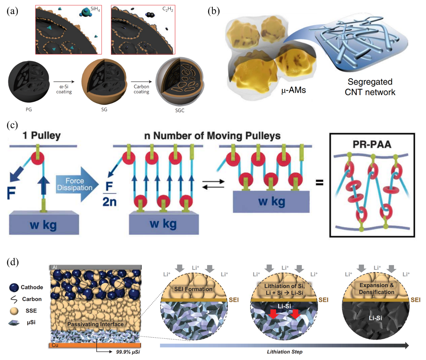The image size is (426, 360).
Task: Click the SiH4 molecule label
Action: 95,9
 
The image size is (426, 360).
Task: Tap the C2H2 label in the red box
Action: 168,9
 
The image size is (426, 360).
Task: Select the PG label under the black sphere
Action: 29,109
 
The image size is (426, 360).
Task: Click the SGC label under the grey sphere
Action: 179,110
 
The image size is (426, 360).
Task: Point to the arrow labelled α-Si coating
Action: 64,81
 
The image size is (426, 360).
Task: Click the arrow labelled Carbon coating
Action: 141,81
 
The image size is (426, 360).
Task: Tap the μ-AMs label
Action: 294,90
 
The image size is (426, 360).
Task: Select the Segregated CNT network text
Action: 370,87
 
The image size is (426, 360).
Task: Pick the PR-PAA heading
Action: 372,144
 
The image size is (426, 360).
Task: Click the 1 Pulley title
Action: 42,135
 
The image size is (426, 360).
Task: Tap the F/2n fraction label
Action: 109,194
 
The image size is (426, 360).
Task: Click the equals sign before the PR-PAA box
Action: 319,183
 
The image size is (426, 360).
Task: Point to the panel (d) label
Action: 13,262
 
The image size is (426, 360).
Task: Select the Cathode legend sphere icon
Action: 14,287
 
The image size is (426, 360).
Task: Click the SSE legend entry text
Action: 31,310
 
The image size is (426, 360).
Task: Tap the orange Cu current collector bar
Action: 95,345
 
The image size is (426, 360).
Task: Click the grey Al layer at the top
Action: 95,267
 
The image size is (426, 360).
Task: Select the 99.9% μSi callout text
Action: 128,352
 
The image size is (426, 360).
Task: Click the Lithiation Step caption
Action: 285,352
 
